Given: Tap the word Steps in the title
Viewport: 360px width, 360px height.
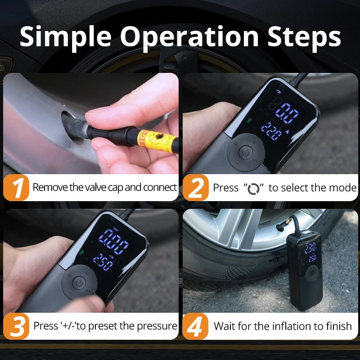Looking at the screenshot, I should pos(299,37).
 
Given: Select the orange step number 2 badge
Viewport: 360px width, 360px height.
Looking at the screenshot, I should pos(195,188).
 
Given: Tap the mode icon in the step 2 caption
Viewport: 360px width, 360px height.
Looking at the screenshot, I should pos(254,188).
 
